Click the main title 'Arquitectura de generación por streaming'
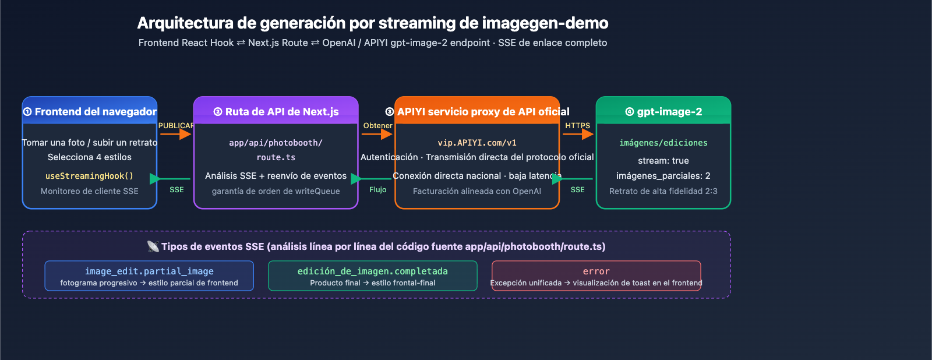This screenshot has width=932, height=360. click(x=373, y=23)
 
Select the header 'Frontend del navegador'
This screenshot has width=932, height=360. click(x=90, y=111)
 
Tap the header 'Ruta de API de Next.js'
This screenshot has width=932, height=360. click(x=276, y=111)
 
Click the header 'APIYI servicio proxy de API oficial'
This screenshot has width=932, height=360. click(x=477, y=111)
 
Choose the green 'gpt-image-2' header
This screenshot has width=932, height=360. click(x=663, y=111)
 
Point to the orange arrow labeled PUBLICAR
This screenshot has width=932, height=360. click(x=175, y=134)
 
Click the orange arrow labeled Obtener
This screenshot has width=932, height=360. click(x=377, y=134)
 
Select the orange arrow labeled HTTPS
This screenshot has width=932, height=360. click(x=577, y=134)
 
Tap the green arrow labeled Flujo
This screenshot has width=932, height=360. click(x=373, y=179)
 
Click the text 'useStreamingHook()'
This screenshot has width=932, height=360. click(x=90, y=176)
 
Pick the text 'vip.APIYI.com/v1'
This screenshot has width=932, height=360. click(x=477, y=143)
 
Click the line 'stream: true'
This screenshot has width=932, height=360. click(x=663, y=161)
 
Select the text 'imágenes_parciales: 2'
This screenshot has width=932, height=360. click(x=663, y=176)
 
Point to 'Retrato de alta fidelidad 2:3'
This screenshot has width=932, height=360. click(x=663, y=191)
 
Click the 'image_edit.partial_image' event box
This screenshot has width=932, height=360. click(x=149, y=276)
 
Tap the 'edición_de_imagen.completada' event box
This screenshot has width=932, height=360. click(x=373, y=276)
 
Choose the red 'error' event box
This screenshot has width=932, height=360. click(x=596, y=276)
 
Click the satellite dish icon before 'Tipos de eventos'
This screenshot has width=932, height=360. click(x=153, y=246)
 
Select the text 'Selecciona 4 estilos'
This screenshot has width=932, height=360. click(x=90, y=157)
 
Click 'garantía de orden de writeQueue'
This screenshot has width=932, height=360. click(x=276, y=191)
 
